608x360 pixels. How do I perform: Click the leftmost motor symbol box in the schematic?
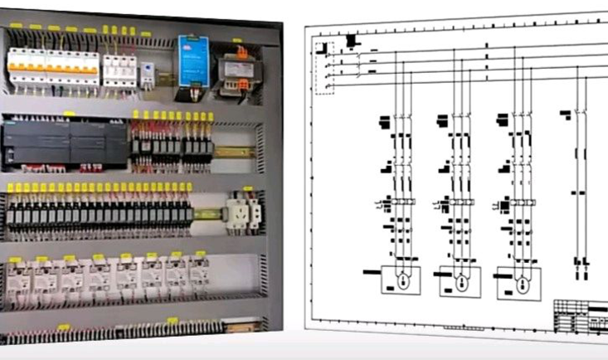(x=401, y=280)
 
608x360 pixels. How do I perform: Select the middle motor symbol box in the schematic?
(x=459, y=280)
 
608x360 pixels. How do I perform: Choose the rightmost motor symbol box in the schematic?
(x=517, y=282)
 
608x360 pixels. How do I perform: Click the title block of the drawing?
(x=580, y=316)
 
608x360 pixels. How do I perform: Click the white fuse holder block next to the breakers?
(x=119, y=66)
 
